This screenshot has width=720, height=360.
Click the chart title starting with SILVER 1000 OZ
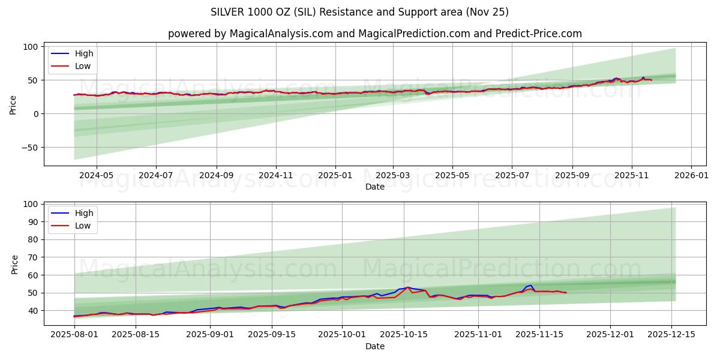(359, 12)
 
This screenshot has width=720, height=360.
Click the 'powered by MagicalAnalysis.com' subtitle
(374, 34)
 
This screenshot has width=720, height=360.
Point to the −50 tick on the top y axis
(29, 148)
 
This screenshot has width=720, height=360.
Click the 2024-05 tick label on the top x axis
(97, 176)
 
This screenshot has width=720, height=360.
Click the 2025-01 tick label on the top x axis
(335, 176)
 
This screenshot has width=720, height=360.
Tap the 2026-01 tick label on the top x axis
(691, 176)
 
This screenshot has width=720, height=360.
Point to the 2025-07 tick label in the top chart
(512, 176)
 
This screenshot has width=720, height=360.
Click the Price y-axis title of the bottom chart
(14, 264)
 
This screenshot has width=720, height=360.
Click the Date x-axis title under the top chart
(374, 187)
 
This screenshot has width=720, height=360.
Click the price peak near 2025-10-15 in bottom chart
(409, 287)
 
